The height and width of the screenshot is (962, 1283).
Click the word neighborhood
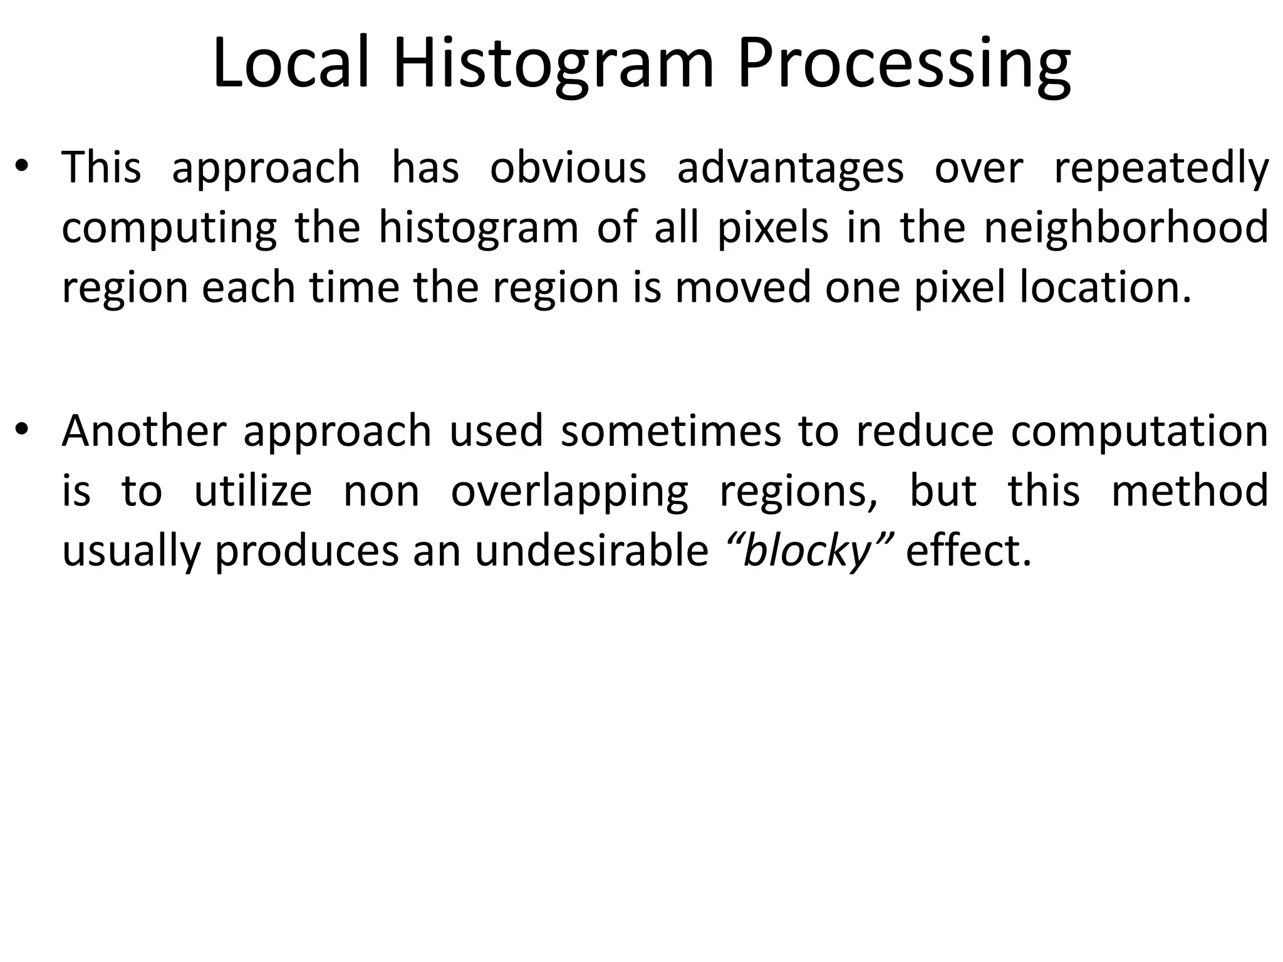point(1126,228)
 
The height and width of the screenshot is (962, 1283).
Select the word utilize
point(252,491)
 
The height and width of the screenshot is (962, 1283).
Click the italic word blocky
point(808,551)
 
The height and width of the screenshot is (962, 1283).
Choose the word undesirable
point(591,551)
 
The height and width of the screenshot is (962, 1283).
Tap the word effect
point(968,551)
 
